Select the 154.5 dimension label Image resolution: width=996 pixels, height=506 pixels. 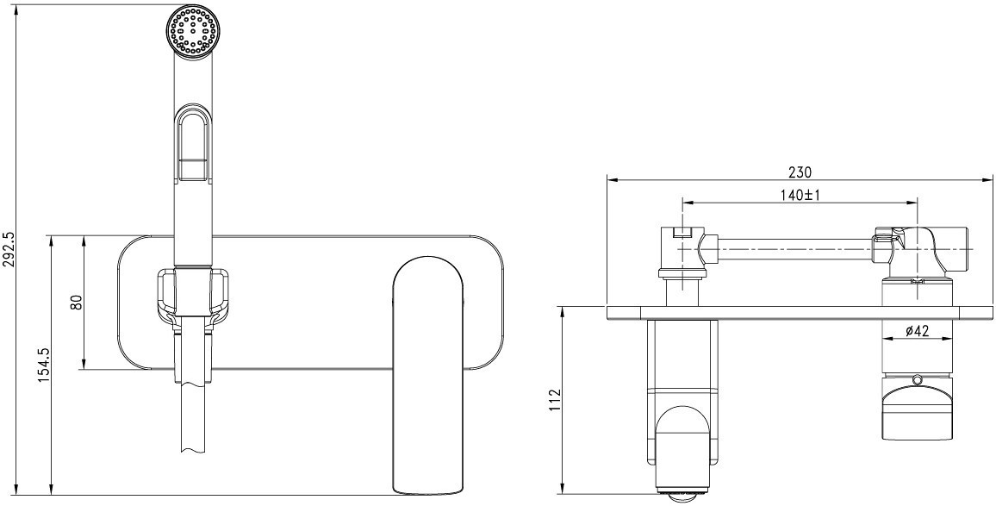pyautogui.click(x=44, y=365)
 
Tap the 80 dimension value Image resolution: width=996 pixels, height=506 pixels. pyautogui.click(x=77, y=302)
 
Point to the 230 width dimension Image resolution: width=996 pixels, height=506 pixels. pyautogui.click(x=800, y=172)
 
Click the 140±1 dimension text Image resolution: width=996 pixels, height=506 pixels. pyautogui.click(x=800, y=196)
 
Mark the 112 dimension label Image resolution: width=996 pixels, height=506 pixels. pyautogui.click(x=556, y=401)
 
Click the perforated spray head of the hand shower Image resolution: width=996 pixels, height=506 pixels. pyautogui.click(x=195, y=33)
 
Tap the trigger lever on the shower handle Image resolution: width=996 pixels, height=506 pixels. pyautogui.click(x=192, y=143)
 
